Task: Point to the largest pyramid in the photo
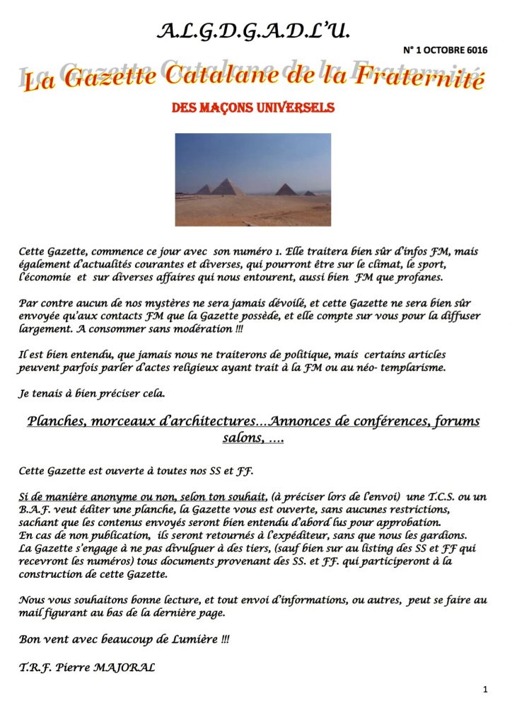[228, 186]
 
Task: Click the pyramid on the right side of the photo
[286, 188]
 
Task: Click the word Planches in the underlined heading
[57, 421]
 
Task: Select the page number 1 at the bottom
[485, 689]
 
